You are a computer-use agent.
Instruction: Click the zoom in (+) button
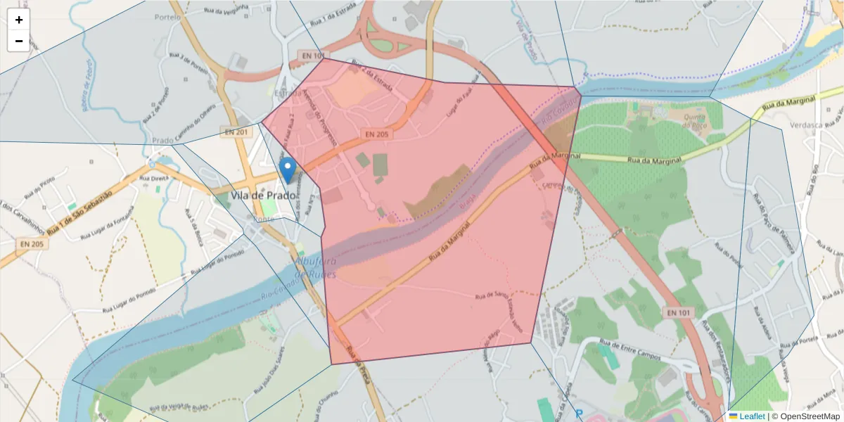click(x=19, y=20)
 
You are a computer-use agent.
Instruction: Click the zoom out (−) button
click(x=19, y=41)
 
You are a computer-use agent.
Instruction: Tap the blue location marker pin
click(x=287, y=170)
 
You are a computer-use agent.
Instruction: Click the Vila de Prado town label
click(x=263, y=196)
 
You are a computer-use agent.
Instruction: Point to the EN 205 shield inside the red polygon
click(x=376, y=134)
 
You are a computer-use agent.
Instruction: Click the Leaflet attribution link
click(x=751, y=416)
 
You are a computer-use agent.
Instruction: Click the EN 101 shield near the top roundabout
click(x=312, y=55)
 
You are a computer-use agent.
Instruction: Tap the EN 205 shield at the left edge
click(x=31, y=244)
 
